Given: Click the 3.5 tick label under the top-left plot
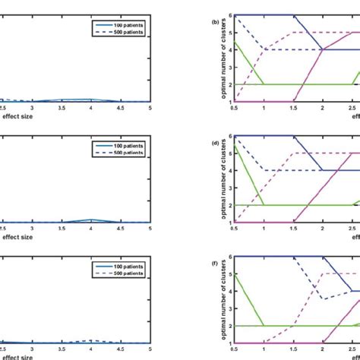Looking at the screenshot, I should click(62, 108).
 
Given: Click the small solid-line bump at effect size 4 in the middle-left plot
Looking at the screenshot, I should click(91, 220).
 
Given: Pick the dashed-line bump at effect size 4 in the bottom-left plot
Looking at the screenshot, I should click(91, 341).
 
